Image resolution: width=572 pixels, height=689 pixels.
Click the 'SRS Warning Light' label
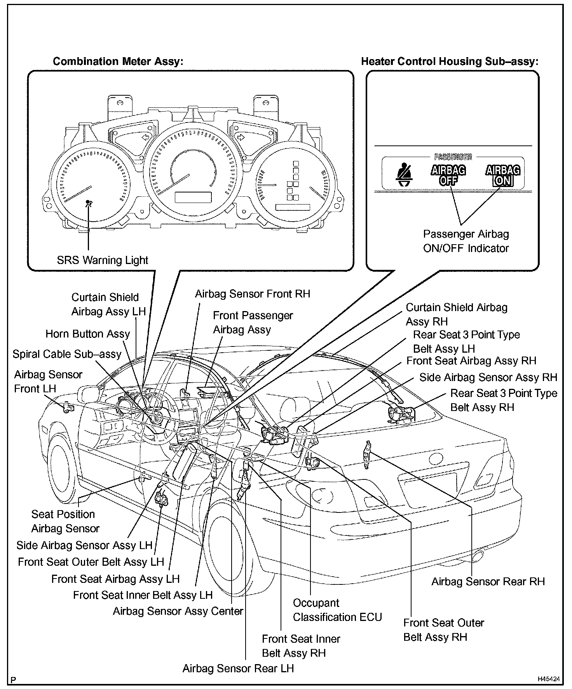pyautogui.click(x=103, y=260)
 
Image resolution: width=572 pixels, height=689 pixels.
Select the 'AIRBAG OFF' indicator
pyautogui.click(x=448, y=175)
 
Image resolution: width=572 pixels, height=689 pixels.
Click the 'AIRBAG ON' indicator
pyautogui.click(x=503, y=175)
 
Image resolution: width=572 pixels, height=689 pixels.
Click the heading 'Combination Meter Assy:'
pyautogui.click(x=118, y=61)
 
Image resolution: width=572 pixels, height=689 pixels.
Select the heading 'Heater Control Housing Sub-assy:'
pyautogui.click(x=450, y=61)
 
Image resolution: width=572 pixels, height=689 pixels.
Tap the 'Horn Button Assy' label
pyautogui.click(x=88, y=334)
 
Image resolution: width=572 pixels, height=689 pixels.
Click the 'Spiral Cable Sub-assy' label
pyautogui.click(x=67, y=354)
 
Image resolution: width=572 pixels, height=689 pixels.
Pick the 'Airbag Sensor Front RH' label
pyautogui.click(x=253, y=294)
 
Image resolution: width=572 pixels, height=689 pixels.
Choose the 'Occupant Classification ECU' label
pyautogui.click(x=337, y=610)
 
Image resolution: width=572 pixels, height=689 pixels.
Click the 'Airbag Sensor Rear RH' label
pyautogui.click(x=488, y=582)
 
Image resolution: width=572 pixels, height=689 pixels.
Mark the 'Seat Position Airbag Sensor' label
pyautogui.click(x=65, y=521)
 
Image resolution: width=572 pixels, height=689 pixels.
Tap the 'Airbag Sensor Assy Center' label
pyautogui.click(x=178, y=611)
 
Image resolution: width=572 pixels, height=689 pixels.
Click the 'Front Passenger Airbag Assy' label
pyautogui.click(x=253, y=322)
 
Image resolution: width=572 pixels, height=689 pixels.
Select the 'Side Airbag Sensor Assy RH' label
pyautogui.click(x=488, y=378)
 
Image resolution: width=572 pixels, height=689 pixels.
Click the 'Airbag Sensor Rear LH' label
pyautogui.click(x=238, y=668)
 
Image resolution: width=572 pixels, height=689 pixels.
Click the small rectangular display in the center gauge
pyautogui.click(x=193, y=197)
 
